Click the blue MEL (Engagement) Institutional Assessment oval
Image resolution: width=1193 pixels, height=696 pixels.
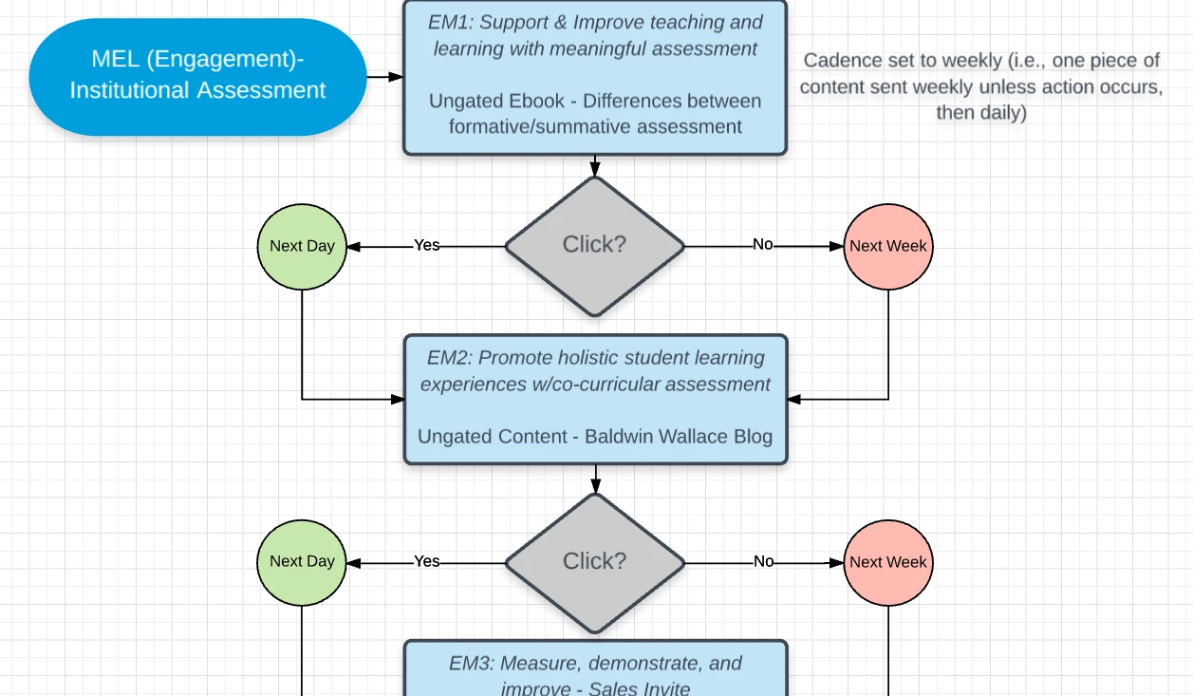[x=197, y=76]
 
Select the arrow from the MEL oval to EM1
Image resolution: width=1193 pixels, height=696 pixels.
[x=384, y=76]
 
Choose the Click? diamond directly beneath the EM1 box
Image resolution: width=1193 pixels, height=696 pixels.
[x=595, y=245]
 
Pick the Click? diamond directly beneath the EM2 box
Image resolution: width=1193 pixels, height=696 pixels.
[x=595, y=561]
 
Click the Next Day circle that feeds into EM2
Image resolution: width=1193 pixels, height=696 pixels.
[x=302, y=246]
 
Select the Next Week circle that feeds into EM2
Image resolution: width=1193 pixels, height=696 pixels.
[x=888, y=246]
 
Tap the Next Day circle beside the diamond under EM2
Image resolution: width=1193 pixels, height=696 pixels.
[x=302, y=561]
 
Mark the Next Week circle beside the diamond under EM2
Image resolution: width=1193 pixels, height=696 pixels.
[x=888, y=562]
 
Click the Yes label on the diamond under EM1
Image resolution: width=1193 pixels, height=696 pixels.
[x=427, y=245]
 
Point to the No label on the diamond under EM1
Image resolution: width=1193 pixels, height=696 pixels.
[x=763, y=244]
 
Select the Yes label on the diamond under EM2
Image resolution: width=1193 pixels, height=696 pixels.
[x=427, y=561]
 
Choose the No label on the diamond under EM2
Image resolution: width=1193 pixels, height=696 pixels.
[x=763, y=561]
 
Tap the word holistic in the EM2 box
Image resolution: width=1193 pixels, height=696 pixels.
[x=589, y=358]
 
